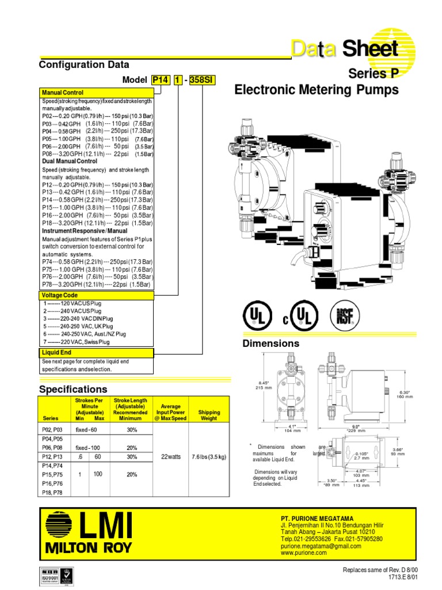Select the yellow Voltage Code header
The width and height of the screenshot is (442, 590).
pos(59,295)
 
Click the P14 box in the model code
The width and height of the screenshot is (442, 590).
pos(161,81)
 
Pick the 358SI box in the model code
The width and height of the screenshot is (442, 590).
pos(202,81)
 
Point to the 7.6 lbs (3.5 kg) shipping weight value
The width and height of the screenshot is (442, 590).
pos(209,456)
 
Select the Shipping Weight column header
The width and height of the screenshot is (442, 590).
pos(209,415)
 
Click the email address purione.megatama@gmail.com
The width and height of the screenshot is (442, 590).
pos(321,546)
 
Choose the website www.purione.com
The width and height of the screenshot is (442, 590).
pos(304,553)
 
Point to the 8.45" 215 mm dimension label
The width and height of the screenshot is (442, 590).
pos(264,385)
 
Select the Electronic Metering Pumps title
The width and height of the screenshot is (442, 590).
pos(316,90)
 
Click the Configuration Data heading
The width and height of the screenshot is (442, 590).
pos(84,65)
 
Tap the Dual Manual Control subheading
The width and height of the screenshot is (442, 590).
pos(70,161)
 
